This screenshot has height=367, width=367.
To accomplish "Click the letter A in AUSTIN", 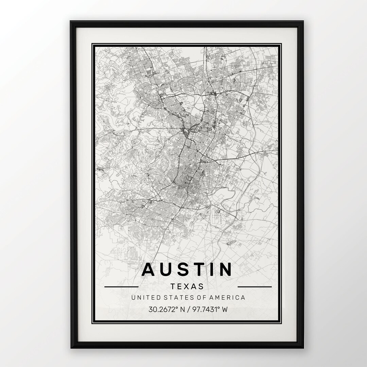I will [x=150, y=269].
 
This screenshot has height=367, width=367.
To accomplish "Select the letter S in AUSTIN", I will [x=186, y=269].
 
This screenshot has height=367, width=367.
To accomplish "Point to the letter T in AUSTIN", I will [x=202, y=269].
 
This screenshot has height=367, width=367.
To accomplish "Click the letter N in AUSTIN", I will [x=225, y=269].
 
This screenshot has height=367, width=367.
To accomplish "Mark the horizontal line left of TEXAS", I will [x=121, y=287].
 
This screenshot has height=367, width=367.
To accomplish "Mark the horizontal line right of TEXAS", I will [x=257, y=287].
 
